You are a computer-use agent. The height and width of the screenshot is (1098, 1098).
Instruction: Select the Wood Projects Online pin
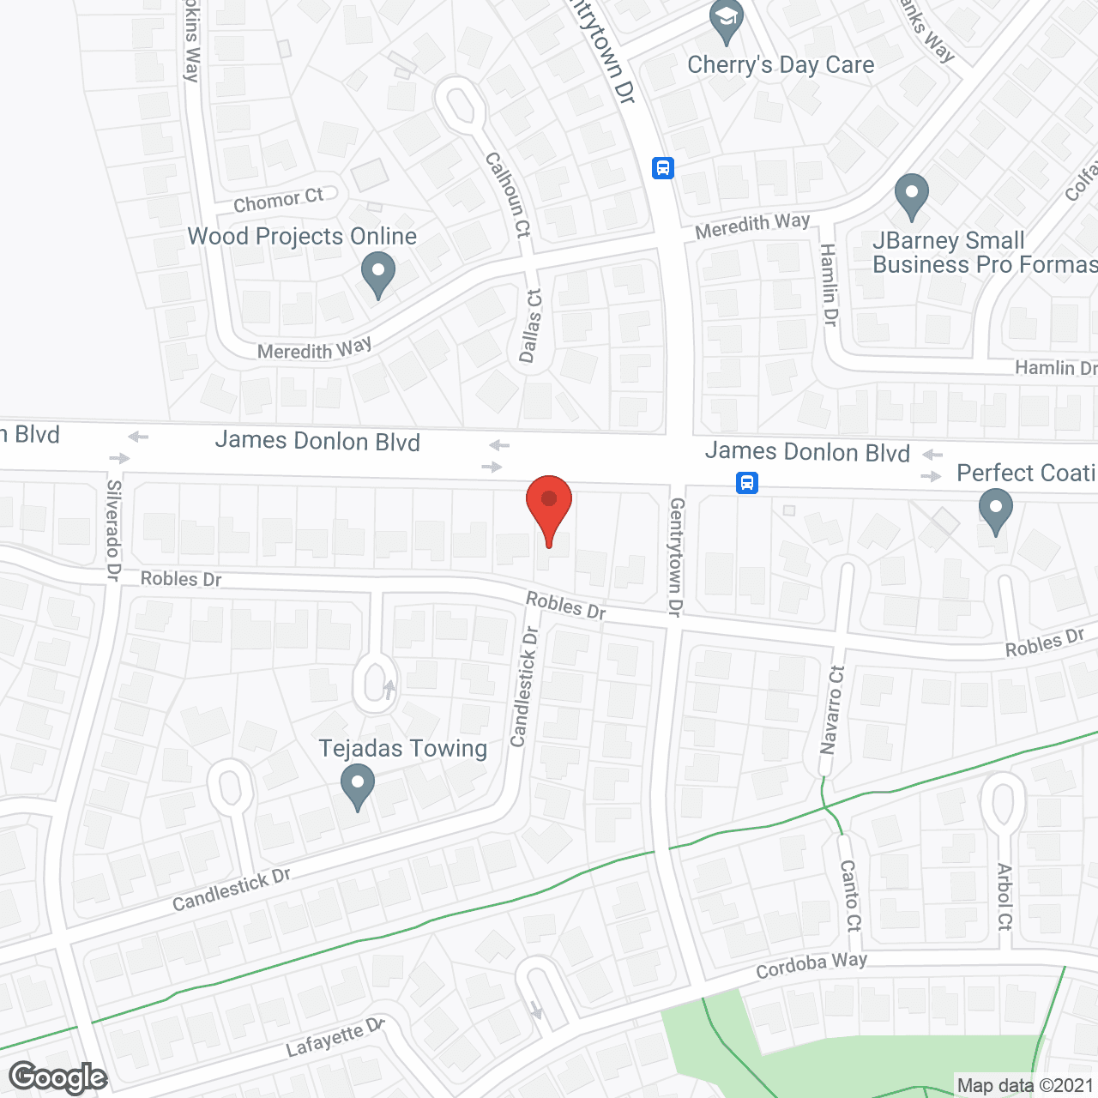377,273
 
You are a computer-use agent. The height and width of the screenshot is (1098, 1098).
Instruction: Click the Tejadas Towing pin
358,785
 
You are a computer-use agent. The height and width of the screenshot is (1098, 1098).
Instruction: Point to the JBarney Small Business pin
911,196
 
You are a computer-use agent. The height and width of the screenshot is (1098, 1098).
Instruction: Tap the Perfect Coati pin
995,510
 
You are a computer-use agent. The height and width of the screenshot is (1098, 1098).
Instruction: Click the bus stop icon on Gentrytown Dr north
662,167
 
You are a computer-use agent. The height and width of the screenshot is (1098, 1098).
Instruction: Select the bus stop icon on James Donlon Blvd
747,483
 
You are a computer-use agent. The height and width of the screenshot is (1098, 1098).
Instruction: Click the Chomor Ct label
279,201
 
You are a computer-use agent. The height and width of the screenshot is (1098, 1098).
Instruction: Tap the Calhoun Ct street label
508,195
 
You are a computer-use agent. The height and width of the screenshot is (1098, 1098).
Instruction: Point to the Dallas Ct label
531,326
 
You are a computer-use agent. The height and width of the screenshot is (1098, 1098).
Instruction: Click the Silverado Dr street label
114,530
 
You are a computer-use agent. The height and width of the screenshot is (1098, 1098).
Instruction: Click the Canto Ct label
850,896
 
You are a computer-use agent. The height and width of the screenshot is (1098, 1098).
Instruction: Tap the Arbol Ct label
1004,896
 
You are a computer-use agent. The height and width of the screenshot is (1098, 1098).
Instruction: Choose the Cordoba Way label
811,965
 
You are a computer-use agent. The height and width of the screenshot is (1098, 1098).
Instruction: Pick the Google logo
57,1077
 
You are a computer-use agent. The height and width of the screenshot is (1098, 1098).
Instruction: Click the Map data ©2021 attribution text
1025,1086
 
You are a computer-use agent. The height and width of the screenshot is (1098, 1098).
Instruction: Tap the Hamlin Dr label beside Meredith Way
829,285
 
